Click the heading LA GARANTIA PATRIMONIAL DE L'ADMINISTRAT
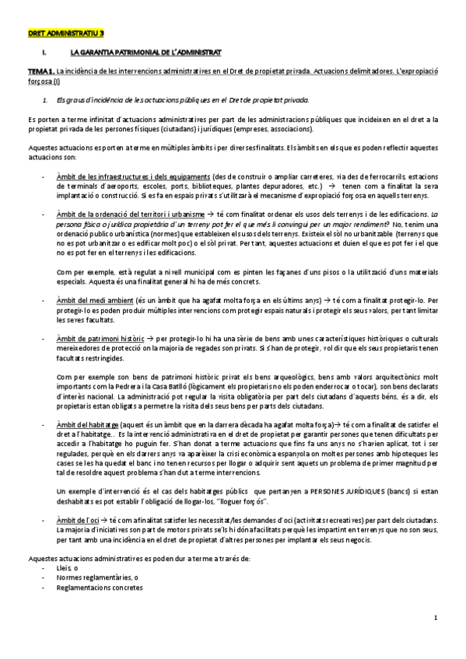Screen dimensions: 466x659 tap(145, 53)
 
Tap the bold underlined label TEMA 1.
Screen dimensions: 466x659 tap(40, 71)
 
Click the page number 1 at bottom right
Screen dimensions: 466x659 tap(436, 618)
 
